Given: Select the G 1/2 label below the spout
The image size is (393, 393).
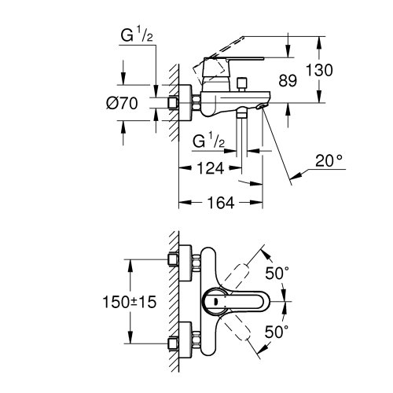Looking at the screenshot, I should (x=209, y=141).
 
